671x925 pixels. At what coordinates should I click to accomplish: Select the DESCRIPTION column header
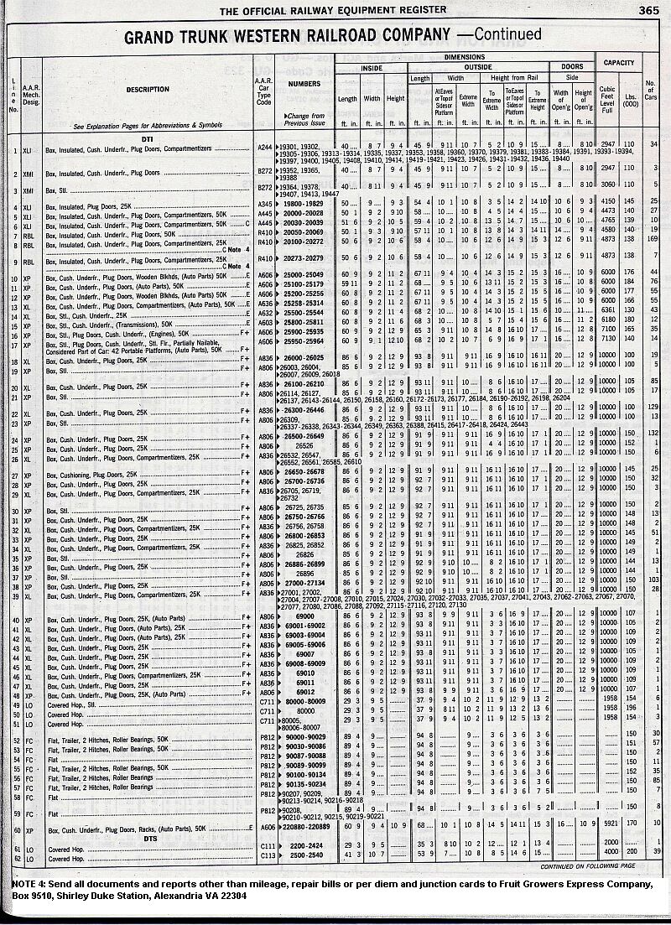click(x=148, y=89)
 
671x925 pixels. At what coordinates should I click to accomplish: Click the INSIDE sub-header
click(x=372, y=67)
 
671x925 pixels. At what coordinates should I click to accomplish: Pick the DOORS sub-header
click(x=572, y=67)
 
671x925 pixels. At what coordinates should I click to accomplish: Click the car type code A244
click(x=265, y=146)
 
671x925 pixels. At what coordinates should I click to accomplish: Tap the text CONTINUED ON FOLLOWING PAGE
click(x=587, y=865)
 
